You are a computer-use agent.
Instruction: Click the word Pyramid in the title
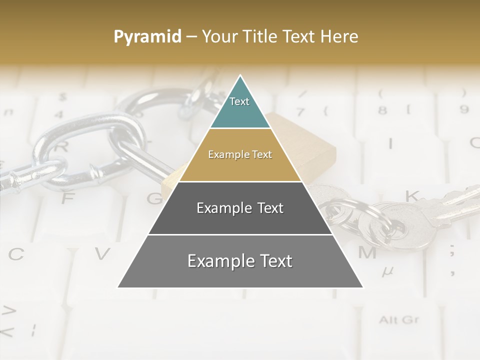147,37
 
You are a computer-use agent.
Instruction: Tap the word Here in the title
339,36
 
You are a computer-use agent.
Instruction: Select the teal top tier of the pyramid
240,107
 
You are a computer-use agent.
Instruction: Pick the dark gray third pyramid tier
240,215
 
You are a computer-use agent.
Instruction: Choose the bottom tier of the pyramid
240,267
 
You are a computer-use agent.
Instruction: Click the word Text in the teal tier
239,101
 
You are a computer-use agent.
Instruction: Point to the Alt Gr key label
398,319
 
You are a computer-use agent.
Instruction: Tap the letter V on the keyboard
102,254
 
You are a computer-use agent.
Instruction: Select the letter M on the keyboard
367,252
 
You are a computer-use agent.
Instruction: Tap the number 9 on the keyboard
464,108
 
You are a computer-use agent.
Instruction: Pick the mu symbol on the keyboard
387,271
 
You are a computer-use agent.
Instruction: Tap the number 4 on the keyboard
59,114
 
